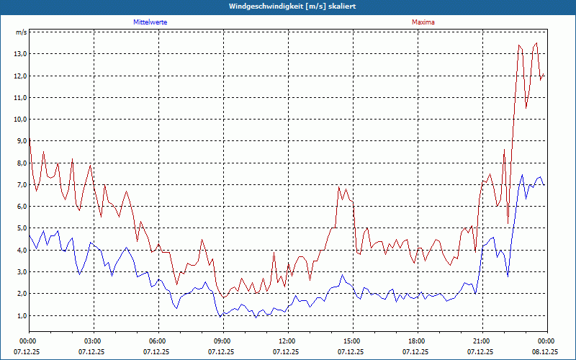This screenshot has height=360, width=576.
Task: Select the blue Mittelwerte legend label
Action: [x=150, y=22]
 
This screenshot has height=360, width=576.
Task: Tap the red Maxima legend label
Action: [x=423, y=22]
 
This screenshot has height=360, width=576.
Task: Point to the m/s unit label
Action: [x=21, y=32]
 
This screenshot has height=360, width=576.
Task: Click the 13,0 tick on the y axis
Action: [x=20, y=54]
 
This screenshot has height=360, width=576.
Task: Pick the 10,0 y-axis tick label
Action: [x=20, y=120]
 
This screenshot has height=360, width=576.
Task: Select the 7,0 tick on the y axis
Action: [x=20, y=185]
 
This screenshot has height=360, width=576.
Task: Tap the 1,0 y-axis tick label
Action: [x=20, y=315]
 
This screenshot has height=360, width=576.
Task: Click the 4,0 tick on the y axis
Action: [x=20, y=251]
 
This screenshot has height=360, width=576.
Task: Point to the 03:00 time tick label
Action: [x=92, y=341]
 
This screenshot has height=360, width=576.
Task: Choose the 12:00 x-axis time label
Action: [x=287, y=341]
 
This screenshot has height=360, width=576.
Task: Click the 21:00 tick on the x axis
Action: [x=481, y=341]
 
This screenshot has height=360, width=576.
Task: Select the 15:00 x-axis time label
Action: [x=351, y=341]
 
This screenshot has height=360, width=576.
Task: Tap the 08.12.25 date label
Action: [x=546, y=352]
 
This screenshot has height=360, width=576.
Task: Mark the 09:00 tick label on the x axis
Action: [x=222, y=341]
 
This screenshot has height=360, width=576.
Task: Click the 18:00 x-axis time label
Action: [x=416, y=341]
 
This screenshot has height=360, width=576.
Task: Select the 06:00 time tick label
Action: [x=157, y=341]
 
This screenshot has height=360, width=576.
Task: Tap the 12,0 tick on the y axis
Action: [x=20, y=76]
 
